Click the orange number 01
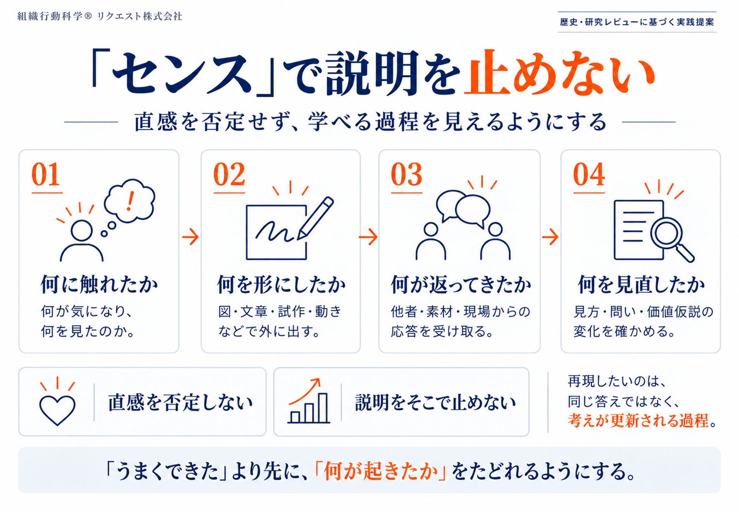tap(46, 174)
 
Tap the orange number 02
tap(229, 174)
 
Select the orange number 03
tap(406, 174)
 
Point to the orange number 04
tap(589, 174)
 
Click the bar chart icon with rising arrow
tap(308, 401)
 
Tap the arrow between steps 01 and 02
tap(190, 237)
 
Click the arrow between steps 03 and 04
tap(550, 237)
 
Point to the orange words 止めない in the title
tap(560, 73)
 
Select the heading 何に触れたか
tap(99, 284)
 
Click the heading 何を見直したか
tap(641, 284)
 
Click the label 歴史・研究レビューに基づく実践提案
tap(637, 22)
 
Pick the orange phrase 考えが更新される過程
tap(638, 421)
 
